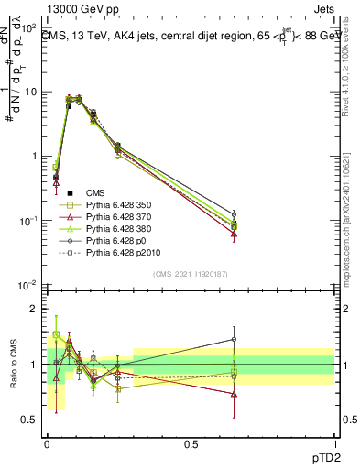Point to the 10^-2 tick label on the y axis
click(29, 286)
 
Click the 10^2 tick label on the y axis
click(30, 27)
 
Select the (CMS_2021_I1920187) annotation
click(191, 273)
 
